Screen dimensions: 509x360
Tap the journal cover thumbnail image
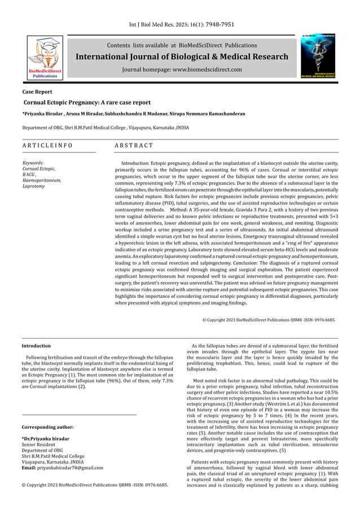tap(320, 56)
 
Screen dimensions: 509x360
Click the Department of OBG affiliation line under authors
tap(105, 128)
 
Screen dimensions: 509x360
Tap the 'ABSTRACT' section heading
tap(134, 146)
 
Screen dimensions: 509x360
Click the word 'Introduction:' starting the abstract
tap(137, 163)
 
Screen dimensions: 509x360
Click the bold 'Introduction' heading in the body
tap(36, 346)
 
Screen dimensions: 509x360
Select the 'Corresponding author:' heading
tap(47, 427)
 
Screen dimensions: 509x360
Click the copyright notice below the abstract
tap(269, 320)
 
